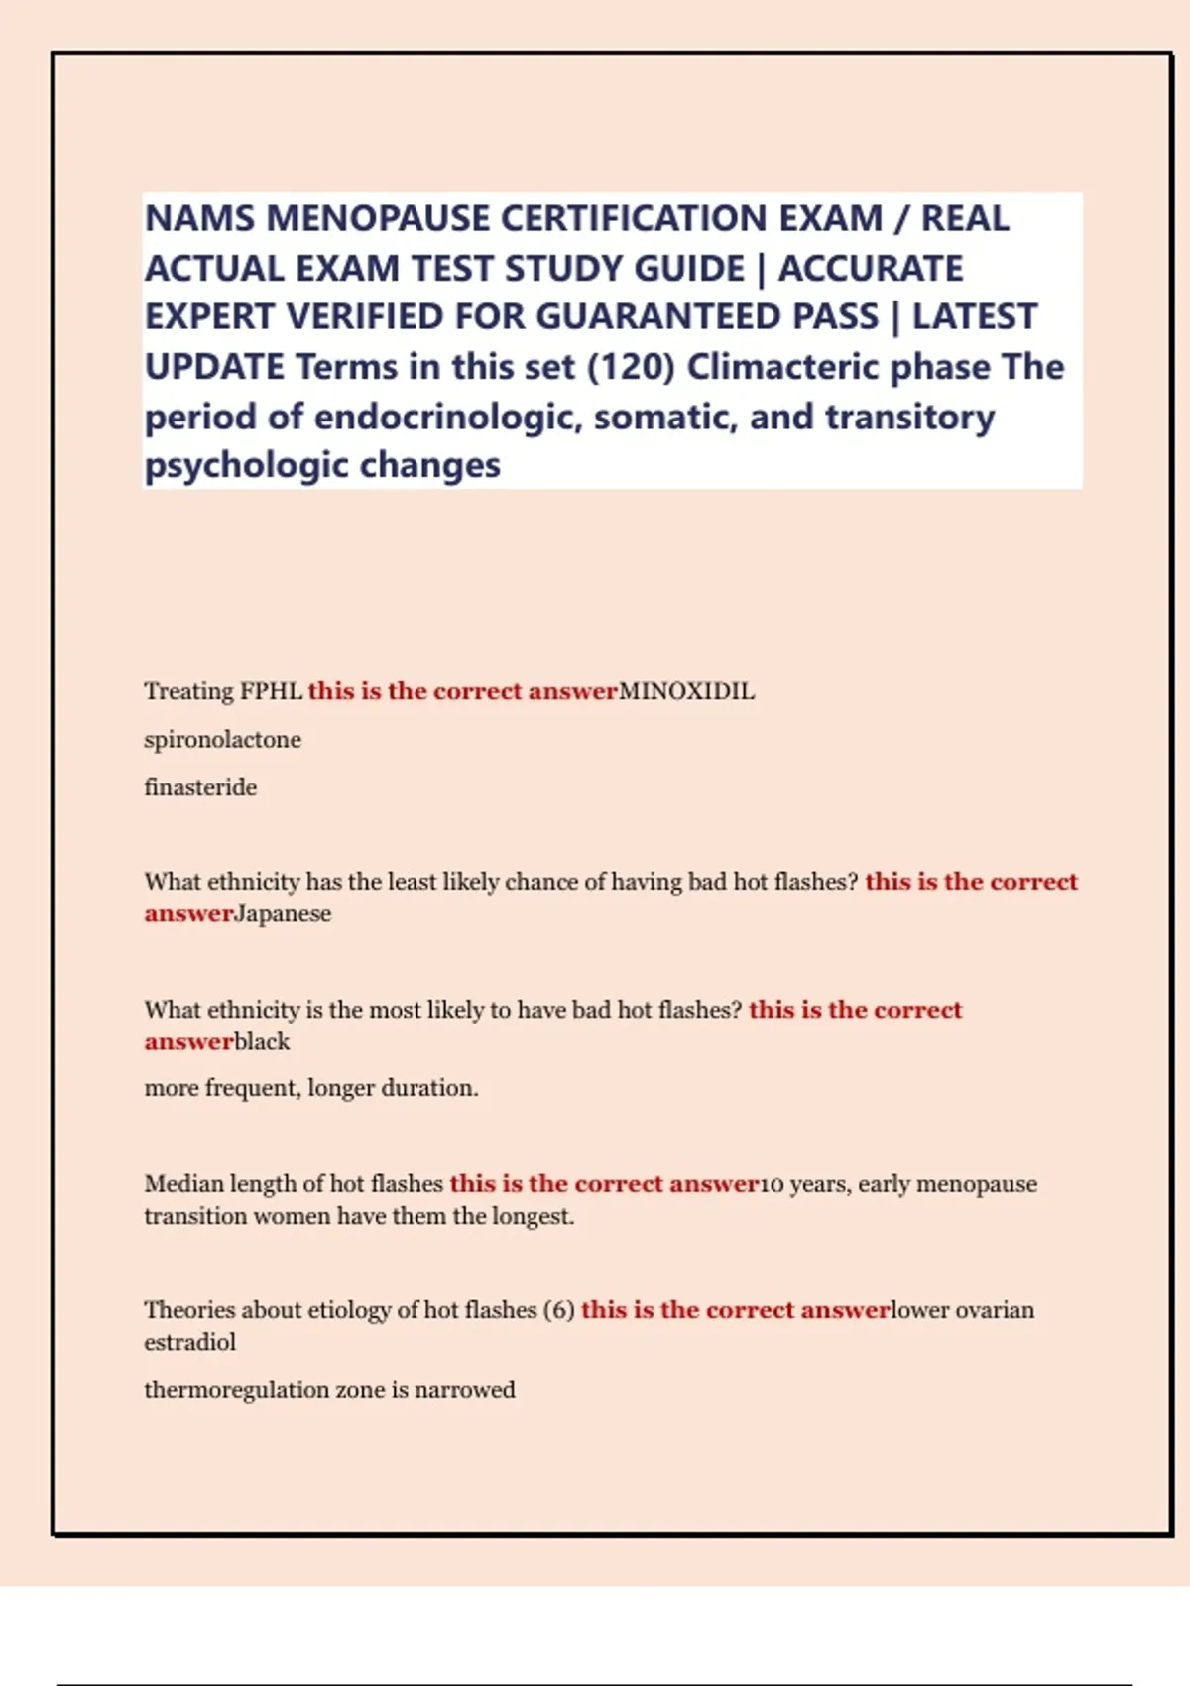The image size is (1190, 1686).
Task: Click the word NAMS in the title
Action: click(199, 218)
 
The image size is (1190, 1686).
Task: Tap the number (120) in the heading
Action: click(631, 367)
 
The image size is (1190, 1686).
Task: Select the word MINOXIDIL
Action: click(686, 691)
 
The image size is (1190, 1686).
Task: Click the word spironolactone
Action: click(222, 740)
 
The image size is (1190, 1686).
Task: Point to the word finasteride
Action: click(200, 787)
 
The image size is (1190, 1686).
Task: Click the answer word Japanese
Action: click(283, 914)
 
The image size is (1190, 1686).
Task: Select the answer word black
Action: click(262, 1042)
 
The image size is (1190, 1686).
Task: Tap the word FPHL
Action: click(272, 691)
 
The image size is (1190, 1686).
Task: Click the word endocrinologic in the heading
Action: click(446, 417)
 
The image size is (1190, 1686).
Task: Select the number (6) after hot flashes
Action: click(558, 1310)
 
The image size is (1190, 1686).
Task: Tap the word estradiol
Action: click(189, 1343)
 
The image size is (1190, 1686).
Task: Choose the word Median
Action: click(183, 1184)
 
